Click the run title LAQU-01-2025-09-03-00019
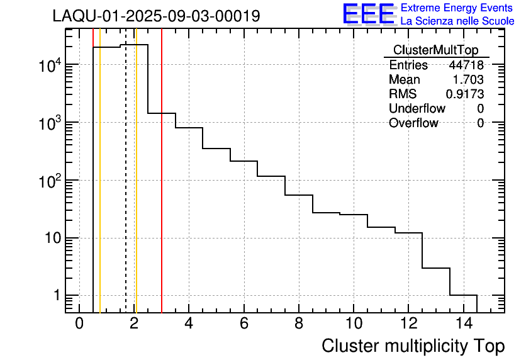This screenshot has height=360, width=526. coord(156,16)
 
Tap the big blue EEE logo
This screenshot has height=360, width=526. coord(369,14)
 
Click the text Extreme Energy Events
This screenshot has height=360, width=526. coord(457,8)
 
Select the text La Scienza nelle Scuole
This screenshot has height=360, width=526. coord(457,21)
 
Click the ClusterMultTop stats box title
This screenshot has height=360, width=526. coord(435,50)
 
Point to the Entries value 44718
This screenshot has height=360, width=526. coord(466,65)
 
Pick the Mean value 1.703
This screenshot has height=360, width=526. coord(468,80)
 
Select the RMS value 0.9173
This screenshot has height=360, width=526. coord(465,94)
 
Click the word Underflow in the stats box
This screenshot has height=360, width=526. coord(417,109)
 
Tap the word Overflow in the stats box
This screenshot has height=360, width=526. coord(413,123)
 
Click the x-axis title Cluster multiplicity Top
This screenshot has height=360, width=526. coord(413,346)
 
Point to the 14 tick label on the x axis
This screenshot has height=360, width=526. coord(463,323)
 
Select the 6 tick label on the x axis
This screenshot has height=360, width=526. coord(243,323)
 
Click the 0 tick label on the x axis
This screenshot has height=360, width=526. coord(79,323)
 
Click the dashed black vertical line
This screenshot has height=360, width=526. coord(126,189)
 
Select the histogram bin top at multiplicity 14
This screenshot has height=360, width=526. coord(463,295)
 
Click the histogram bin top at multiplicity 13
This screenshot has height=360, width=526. coord(435,268)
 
